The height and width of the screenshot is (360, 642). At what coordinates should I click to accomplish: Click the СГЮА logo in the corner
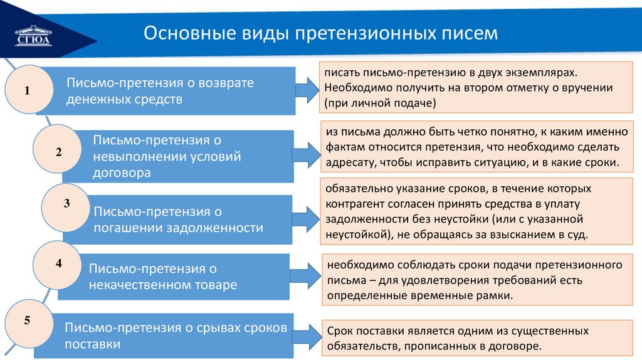[x=34, y=34]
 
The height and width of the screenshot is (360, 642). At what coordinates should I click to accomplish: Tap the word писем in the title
[x=470, y=33]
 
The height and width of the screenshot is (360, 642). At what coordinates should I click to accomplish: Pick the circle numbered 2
[x=58, y=151]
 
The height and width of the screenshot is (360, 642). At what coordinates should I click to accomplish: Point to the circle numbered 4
[x=58, y=263]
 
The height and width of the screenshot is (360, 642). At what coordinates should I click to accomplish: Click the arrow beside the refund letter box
[x=307, y=89]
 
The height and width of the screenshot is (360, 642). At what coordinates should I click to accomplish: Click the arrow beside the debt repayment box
[x=307, y=218]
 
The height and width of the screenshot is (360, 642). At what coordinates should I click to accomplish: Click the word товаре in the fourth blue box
[x=216, y=285]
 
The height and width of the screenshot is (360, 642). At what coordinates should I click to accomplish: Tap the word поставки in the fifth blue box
[x=92, y=344]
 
